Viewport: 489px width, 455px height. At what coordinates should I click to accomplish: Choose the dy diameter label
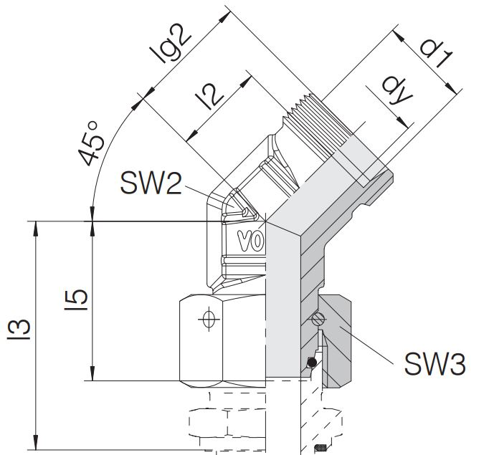point(397,92)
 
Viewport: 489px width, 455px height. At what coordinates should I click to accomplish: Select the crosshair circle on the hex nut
point(209,319)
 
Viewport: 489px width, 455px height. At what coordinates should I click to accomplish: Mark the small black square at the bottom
point(320,449)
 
